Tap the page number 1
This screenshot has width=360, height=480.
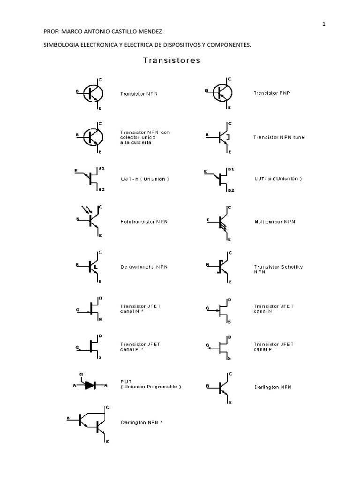324,25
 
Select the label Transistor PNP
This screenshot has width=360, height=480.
271,93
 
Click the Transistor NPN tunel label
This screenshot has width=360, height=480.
279,137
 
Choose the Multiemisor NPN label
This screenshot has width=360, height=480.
275,221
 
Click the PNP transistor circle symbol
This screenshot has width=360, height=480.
222,93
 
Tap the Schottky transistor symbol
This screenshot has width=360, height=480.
220,266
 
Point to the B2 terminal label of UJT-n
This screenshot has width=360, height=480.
100,190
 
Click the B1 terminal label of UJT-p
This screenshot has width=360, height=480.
230,168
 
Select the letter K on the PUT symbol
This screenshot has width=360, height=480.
105,385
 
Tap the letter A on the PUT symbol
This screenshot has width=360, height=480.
74,385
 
